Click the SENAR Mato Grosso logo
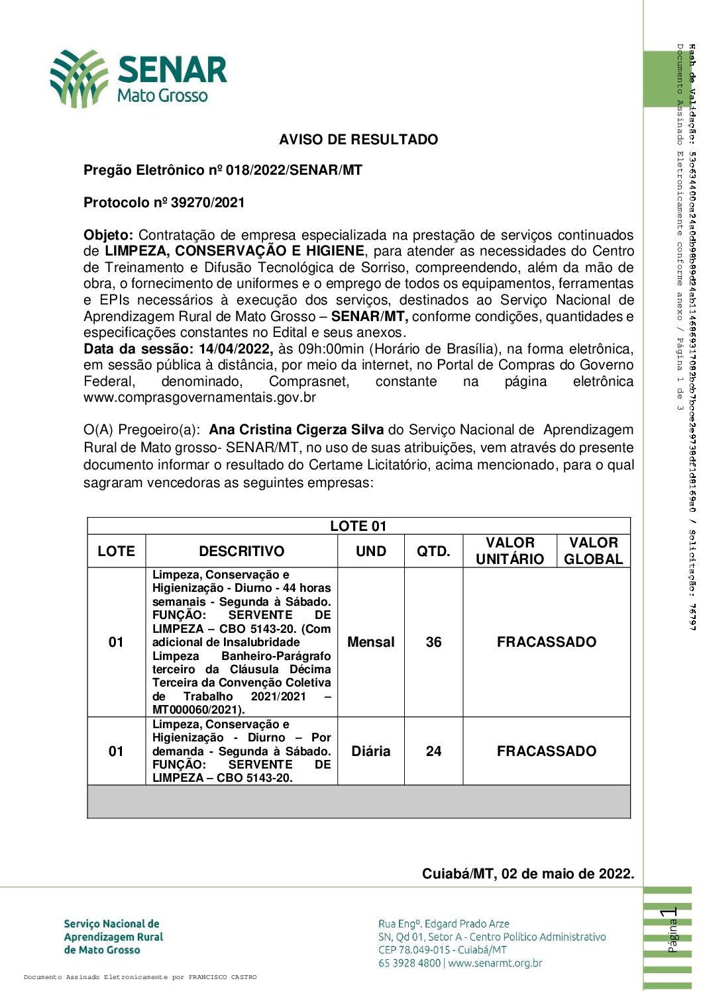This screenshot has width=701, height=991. click(138, 79)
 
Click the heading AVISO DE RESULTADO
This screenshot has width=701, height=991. click(358, 140)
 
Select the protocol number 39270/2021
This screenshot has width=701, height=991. click(208, 203)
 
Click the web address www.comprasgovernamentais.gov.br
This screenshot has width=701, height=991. click(199, 398)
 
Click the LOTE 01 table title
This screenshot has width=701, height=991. click(358, 526)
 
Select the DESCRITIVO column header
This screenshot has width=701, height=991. click(241, 551)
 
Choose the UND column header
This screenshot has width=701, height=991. click(370, 551)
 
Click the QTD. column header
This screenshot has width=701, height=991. click(433, 551)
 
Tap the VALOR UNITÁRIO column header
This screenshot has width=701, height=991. click(510, 551)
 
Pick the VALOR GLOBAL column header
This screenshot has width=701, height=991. click(593, 551)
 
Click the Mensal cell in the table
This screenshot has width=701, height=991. click(370, 642)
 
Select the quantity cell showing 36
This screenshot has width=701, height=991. click(433, 642)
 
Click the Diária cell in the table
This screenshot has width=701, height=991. click(370, 751)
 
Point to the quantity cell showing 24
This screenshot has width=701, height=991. click(433, 751)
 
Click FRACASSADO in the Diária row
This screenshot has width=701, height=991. click(546, 751)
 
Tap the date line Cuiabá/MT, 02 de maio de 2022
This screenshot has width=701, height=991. click(527, 874)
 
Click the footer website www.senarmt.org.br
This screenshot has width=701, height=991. click(495, 963)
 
